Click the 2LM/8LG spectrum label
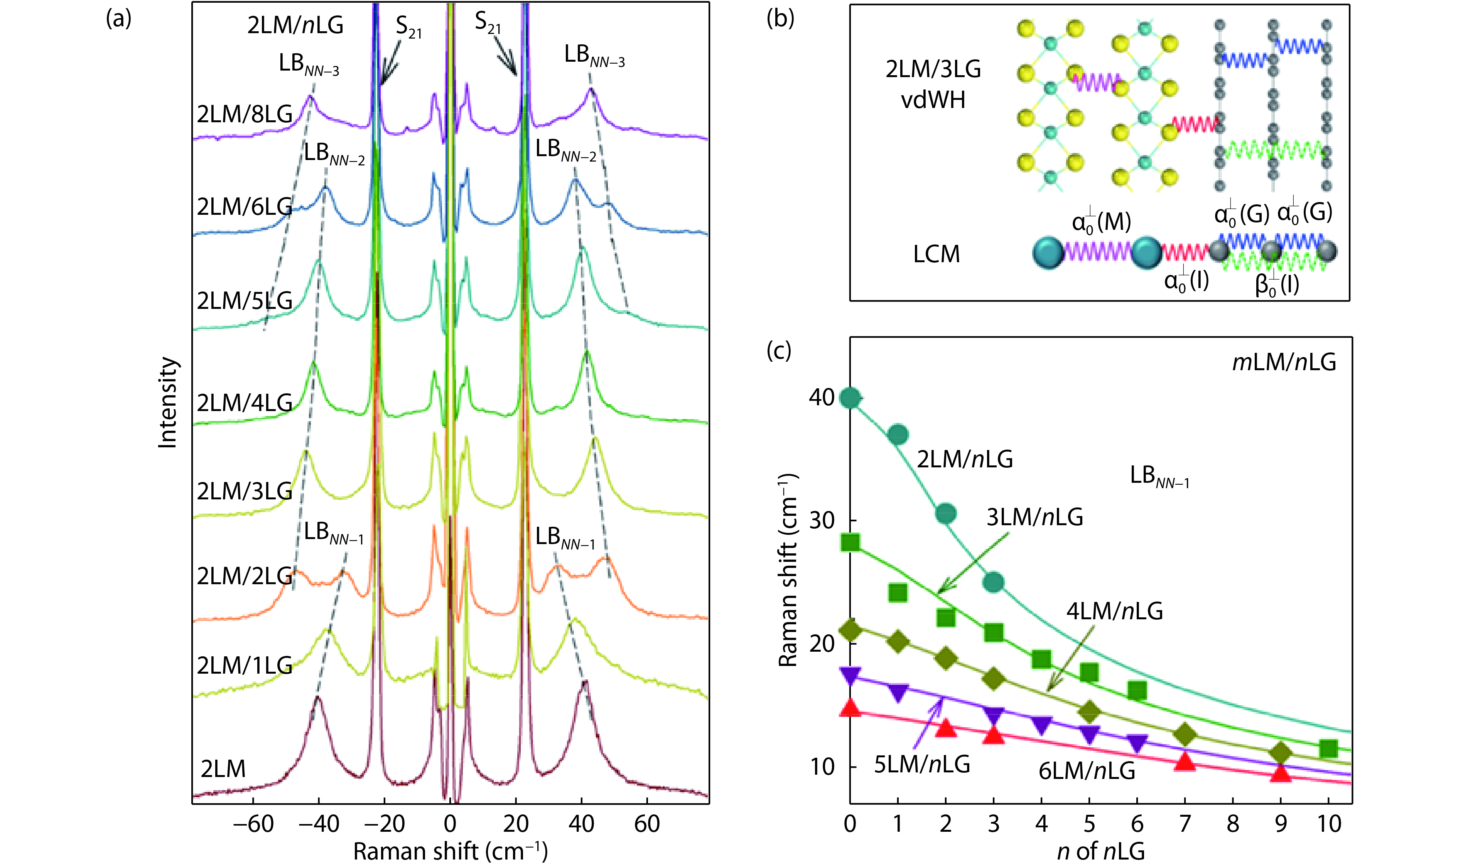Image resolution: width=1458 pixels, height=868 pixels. (245, 114)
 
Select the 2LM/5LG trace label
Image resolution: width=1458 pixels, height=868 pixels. (245, 301)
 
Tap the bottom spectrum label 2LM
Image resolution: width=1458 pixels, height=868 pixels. (223, 769)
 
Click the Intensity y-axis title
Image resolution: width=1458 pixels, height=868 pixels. (168, 403)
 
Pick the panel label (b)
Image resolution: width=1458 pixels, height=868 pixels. (780, 19)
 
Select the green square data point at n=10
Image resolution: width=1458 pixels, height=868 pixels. (1329, 748)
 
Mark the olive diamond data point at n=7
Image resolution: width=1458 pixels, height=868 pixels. (1185, 735)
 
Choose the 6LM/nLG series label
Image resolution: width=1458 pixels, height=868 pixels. (1087, 771)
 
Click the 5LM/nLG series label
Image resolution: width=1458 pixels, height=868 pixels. (922, 764)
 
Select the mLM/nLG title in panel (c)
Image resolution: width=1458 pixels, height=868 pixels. (1284, 362)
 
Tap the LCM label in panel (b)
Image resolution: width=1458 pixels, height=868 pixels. (936, 254)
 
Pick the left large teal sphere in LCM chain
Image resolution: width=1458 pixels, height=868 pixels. (1048, 253)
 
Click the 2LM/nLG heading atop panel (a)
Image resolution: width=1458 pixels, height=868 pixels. (295, 25)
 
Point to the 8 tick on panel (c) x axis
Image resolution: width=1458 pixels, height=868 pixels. (1233, 824)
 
